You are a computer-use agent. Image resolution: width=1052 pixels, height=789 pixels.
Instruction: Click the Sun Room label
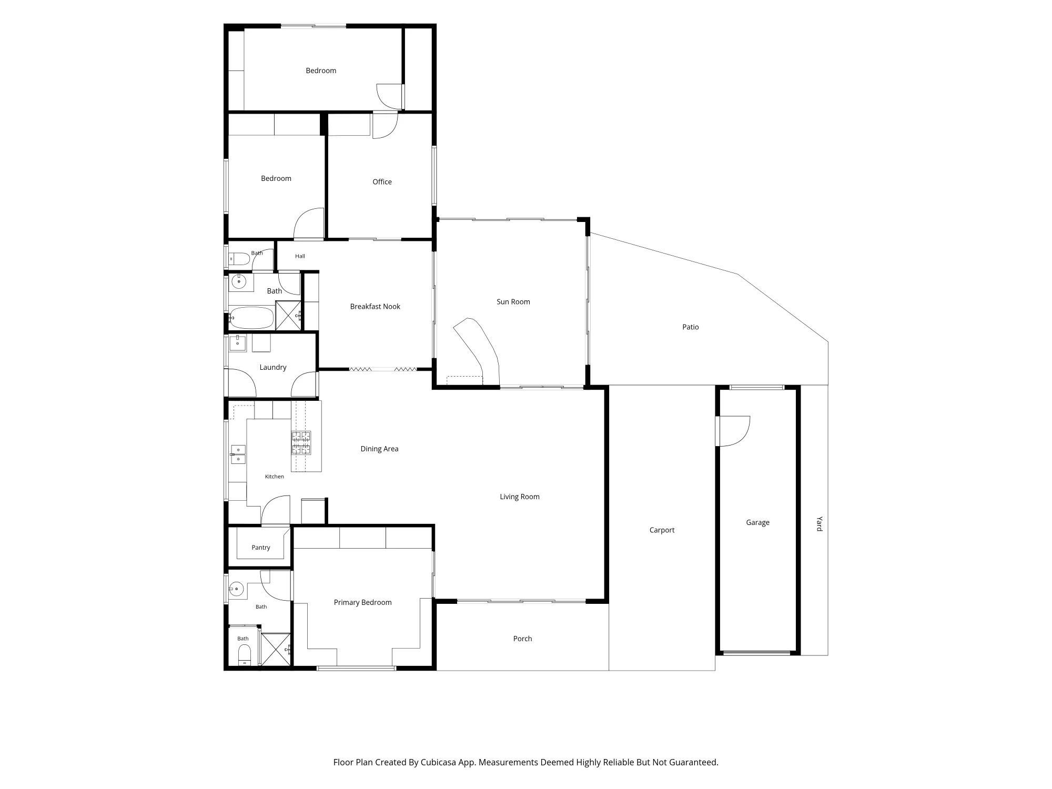[x=513, y=302]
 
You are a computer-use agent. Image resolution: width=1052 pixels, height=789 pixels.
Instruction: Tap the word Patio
[x=690, y=327]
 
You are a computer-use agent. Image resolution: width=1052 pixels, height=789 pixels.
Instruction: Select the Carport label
[x=662, y=530]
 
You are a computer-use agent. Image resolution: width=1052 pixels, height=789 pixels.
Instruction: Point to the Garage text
[x=757, y=523]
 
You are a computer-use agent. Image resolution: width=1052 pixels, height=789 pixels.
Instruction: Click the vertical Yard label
[x=819, y=524]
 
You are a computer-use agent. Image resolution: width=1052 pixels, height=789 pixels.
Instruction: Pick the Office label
[x=382, y=182]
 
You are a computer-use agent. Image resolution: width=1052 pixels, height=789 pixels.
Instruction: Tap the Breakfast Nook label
[x=375, y=307]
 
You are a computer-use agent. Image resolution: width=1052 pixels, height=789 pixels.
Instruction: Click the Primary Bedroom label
[x=362, y=603]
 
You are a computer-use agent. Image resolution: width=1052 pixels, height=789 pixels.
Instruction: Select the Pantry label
[x=260, y=548]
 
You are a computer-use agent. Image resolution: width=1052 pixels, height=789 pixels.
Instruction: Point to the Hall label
[x=300, y=256]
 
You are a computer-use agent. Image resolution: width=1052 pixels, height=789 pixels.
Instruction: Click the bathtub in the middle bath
[x=251, y=318]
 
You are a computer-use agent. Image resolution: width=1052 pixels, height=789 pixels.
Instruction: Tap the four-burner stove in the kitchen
[x=301, y=442]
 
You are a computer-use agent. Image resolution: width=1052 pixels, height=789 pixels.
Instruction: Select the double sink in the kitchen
[x=238, y=454]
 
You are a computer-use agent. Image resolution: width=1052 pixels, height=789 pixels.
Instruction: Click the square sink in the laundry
[x=238, y=343]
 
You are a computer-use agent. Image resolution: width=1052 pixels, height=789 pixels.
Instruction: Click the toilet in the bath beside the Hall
[x=239, y=259]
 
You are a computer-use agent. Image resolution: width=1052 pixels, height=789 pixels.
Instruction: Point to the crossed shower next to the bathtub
[x=288, y=315]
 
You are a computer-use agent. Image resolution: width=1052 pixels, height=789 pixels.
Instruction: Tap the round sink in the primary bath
[x=237, y=589]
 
